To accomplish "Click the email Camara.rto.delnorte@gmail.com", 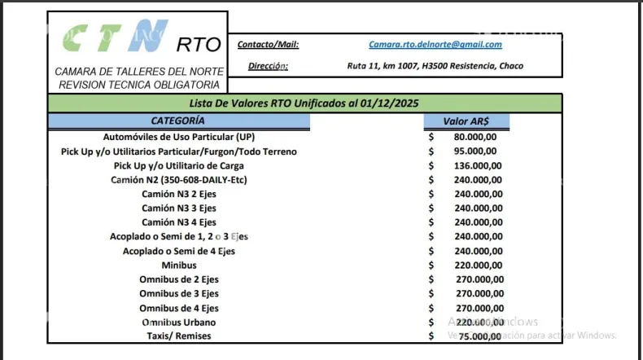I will [435, 45].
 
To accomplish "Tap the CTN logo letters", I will [114, 37].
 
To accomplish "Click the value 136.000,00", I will [477, 165].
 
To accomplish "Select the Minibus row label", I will [178, 265].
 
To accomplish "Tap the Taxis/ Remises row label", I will [178, 336].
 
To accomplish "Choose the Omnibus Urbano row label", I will [178, 322].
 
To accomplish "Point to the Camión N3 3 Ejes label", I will [178, 208].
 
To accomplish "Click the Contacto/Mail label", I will [268, 45].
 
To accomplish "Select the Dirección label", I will [268, 66].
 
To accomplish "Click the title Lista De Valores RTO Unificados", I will [304, 103].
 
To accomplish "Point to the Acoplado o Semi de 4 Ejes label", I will [178, 251].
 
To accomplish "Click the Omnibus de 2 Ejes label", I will [178, 279].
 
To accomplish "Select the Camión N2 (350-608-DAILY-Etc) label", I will [178, 179].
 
